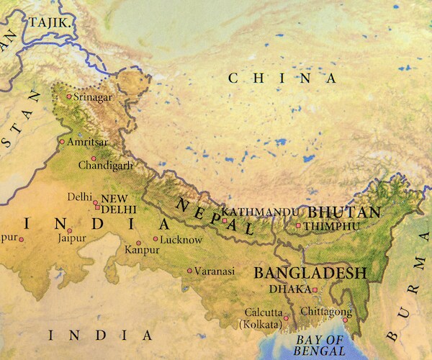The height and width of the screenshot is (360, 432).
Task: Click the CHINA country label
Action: pyautogui.click(x=282, y=78)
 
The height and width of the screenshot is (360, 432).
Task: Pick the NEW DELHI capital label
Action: pyautogui.click(x=119, y=204)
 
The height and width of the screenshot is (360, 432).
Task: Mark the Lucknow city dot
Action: pyautogui.click(x=156, y=239)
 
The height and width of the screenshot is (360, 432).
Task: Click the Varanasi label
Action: pyautogui.click(x=215, y=271)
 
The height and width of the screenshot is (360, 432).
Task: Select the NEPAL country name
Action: pyautogui.click(x=215, y=217)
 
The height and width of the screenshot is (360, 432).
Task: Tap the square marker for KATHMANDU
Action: pyautogui.click(x=225, y=219)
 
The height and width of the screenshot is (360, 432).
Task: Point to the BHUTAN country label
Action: pyautogui.click(x=343, y=212)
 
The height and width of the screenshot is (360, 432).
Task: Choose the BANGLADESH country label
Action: pyautogui.click(x=310, y=274)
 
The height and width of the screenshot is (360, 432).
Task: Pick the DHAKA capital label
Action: pyautogui.click(x=287, y=289)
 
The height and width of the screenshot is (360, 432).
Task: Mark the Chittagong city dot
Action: pyautogui.click(x=346, y=321)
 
